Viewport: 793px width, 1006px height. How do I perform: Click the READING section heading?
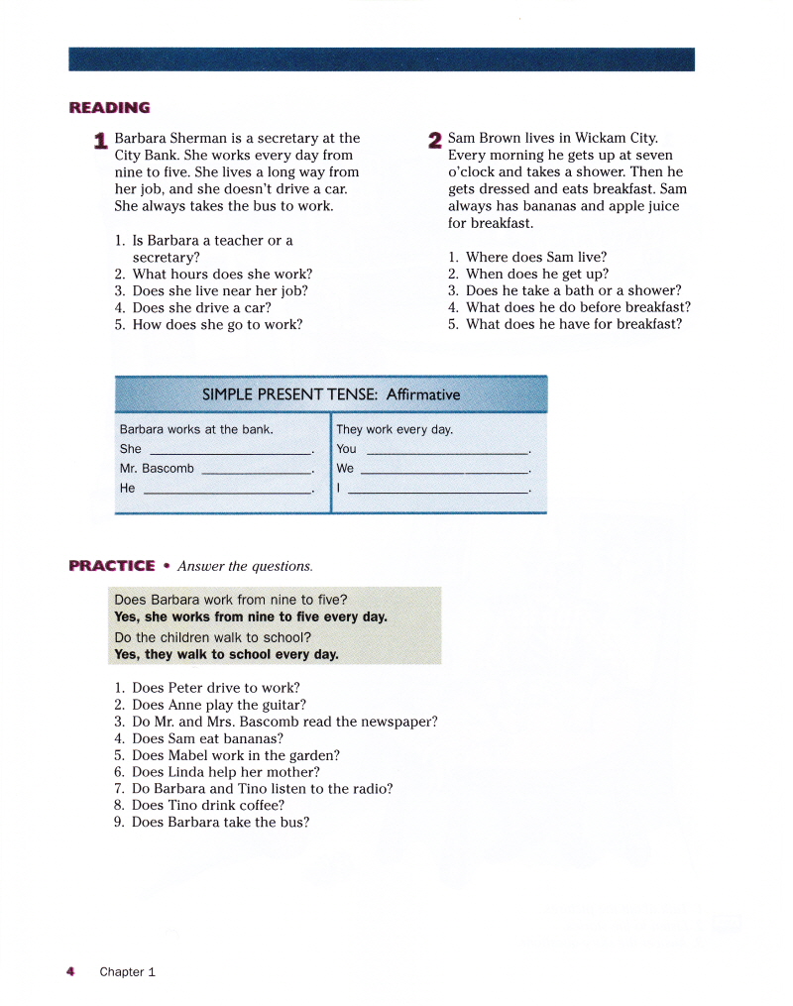tap(109, 107)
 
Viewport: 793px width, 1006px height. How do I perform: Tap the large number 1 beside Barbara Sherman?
tap(100, 141)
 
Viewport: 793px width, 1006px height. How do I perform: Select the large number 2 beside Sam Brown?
tap(434, 141)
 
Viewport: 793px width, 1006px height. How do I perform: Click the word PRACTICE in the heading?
tap(112, 566)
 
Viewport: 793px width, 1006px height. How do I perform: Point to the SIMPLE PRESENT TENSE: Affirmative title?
tap(331, 394)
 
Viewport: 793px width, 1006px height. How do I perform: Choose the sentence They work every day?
tap(395, 429)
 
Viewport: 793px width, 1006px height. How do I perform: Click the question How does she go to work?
tap(217, 324)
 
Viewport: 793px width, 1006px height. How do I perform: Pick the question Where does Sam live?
tap(535, 257)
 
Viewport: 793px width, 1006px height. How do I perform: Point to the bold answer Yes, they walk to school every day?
tap(226, 654)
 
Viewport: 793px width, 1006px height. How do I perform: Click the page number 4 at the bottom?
tap(70, 971)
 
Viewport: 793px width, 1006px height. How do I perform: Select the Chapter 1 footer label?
tap(127, 972)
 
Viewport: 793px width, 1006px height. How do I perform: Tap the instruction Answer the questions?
tap(245, 567)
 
